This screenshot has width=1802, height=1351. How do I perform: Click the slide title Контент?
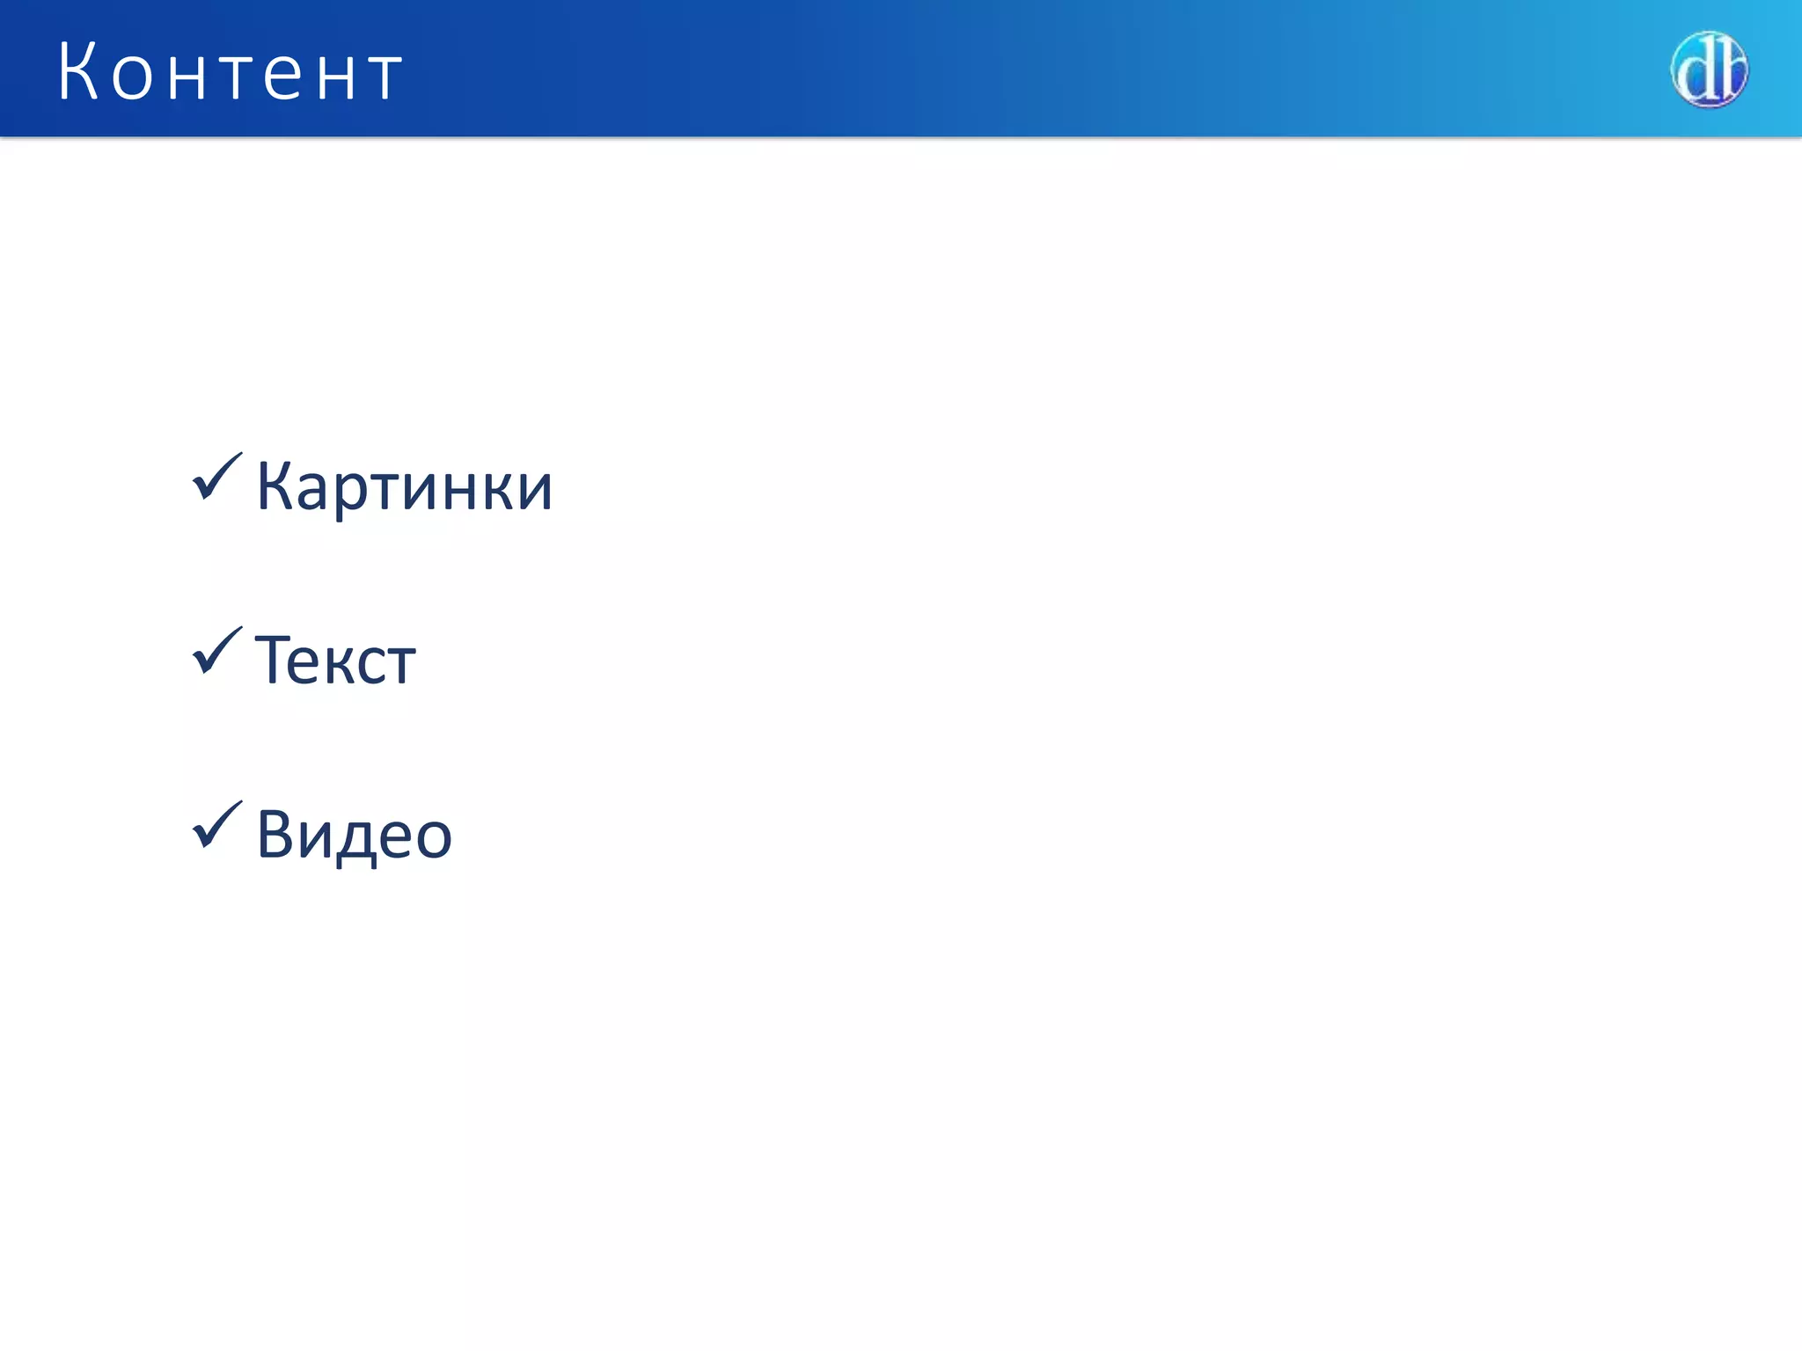(x=231, y=72)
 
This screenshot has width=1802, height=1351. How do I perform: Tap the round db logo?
(x=1709, y=69)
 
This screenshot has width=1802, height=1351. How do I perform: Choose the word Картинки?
(x=404, y=486)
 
